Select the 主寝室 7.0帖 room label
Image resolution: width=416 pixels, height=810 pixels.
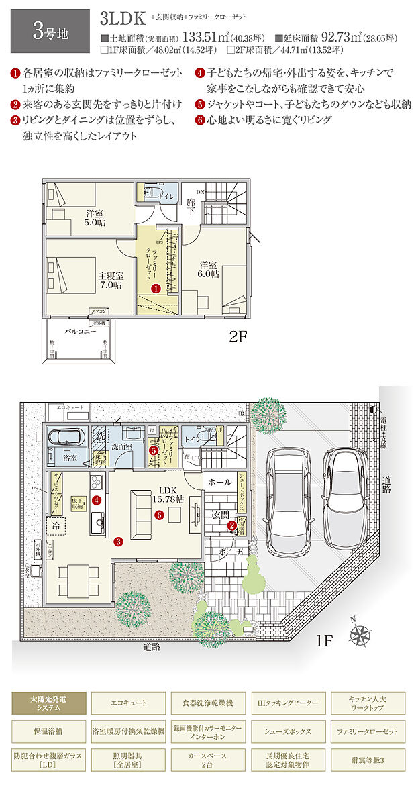110,280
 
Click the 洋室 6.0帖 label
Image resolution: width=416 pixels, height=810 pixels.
208,269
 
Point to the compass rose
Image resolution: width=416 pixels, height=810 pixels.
362,634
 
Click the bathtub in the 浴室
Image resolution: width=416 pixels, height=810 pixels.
67,437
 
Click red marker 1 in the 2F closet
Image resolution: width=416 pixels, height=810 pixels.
156,289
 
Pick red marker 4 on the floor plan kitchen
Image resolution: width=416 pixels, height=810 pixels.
97,499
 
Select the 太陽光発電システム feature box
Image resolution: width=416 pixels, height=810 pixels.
48,704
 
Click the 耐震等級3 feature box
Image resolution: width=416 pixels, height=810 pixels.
368,761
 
